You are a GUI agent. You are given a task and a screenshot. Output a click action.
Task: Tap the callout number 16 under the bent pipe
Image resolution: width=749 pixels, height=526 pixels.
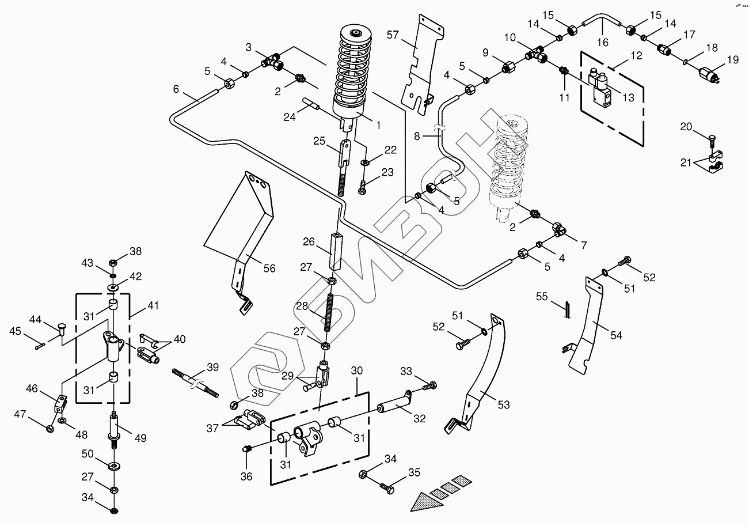602,42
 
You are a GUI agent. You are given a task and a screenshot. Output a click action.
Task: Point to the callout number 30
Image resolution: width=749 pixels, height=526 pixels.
357,372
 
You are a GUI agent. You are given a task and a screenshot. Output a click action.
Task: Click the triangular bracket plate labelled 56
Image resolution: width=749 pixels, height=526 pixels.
239,219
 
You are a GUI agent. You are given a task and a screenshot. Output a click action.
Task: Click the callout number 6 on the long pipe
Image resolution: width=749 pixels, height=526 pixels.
176,89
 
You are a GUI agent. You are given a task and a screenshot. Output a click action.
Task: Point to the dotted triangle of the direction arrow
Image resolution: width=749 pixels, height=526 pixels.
429,499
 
